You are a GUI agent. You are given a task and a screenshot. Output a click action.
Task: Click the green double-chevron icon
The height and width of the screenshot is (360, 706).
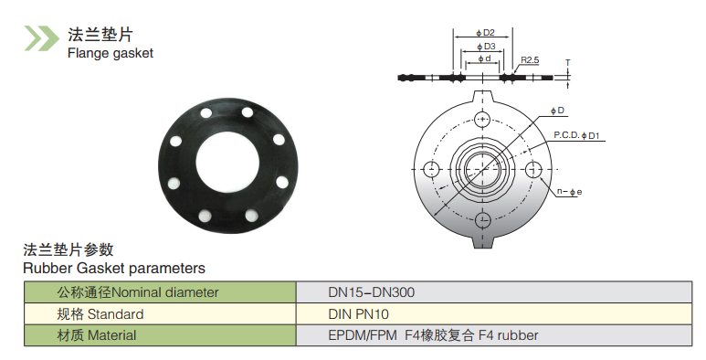pos(41,37)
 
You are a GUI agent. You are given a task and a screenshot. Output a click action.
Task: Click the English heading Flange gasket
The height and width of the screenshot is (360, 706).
pos(111,53)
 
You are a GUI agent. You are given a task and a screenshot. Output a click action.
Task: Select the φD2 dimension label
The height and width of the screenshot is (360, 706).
pos(485,33)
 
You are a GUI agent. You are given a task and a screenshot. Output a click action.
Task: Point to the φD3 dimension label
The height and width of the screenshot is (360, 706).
pos(486,47)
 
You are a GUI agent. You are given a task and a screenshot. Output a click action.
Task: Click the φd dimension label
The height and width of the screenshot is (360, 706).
pos(484,59)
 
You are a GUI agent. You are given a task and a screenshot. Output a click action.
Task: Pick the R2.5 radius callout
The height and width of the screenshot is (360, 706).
pos(530,60)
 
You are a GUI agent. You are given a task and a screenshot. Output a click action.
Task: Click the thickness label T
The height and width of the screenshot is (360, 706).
pos(568,62)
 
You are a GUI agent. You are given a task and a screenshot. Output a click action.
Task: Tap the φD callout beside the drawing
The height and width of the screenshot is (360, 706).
pos(557,111)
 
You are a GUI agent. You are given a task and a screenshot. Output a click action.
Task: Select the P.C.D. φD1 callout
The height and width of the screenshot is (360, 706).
pos(577,135)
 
